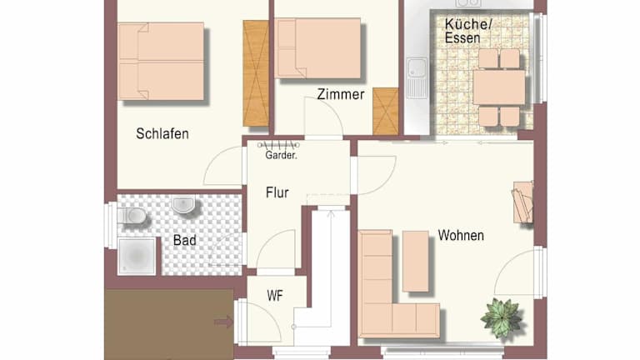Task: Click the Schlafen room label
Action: (162, 134)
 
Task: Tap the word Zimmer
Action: (341, 94)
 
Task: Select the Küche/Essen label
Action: (467, 31)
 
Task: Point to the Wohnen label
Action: (461, 236)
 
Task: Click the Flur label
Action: (277, 192)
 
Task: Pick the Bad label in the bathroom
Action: (184, 240)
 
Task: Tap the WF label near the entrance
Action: (275, 296)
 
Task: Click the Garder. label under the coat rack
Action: (281, 155)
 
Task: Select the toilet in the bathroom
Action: (132, 215)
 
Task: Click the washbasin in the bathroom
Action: (182, 204)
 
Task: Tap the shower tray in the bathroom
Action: (137, 256)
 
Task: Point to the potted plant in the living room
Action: (501, 318)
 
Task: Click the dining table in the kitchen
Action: (499, 87)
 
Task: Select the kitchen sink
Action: (417, 77)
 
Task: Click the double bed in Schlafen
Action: (161, 61)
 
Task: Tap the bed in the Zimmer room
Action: (317, 48)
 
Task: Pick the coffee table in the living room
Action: (416, 262)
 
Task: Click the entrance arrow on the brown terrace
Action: (223, 322)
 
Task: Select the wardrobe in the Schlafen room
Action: (256, 73)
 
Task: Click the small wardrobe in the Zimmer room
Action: (385, 112)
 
